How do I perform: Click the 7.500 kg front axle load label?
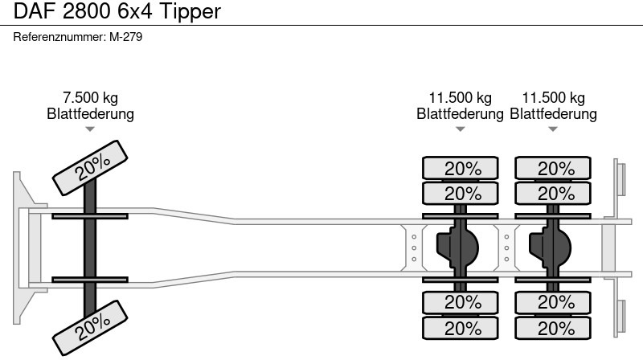pos(90,98)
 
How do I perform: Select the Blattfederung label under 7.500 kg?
pos(90,114)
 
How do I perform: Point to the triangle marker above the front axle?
pos(90,129)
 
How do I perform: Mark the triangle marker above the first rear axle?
pos(461,129)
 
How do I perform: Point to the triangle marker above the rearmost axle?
pos(554,129)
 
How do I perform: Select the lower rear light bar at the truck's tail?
pos(620,317)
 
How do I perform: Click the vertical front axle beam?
pos(91,245)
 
